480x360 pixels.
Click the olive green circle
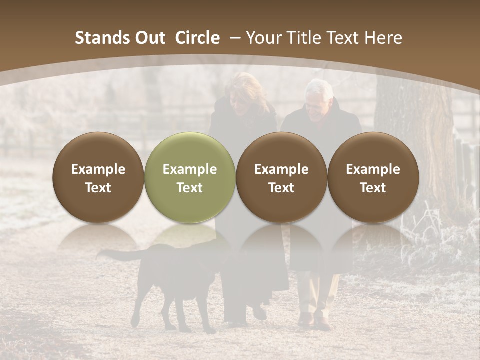click(x=190, y=177)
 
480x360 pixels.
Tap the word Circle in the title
click(x=197, y=38)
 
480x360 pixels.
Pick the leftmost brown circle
click(x=98, y=177)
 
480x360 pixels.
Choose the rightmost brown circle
click(x=373, y=177)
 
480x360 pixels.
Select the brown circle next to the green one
click(x=281, y=177)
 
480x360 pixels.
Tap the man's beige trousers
click(x=315, y=295)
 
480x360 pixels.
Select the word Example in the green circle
click(x=190, y=169)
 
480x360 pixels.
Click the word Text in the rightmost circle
click(x=373, y=188)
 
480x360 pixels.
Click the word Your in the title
click(x=263, y=38)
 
